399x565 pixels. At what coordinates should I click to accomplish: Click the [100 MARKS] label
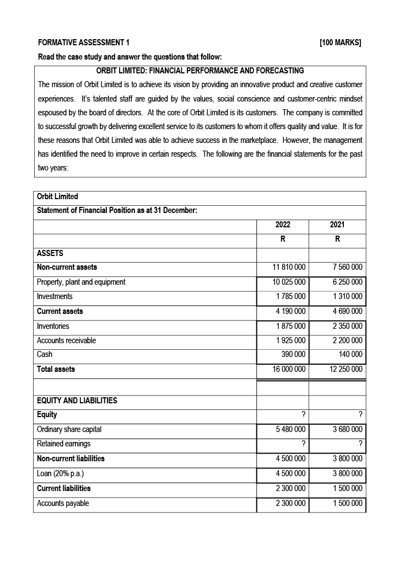tap(340, 43)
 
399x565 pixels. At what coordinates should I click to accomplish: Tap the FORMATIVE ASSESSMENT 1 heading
tap(84, 43)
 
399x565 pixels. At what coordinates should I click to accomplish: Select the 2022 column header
tap(282, 225)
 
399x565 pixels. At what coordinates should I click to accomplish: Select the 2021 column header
tap(337, 225)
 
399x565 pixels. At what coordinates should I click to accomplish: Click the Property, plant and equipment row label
tap(81, 282)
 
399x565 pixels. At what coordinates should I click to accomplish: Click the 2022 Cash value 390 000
tap(294, 355)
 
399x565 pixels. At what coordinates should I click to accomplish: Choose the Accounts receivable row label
tap(66, 340)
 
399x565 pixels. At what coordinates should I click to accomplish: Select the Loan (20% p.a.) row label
tap(63, 473)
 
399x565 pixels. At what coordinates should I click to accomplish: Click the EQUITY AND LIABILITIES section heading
tap(77, 401)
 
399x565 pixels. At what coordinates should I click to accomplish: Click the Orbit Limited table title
tap(57, 196)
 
